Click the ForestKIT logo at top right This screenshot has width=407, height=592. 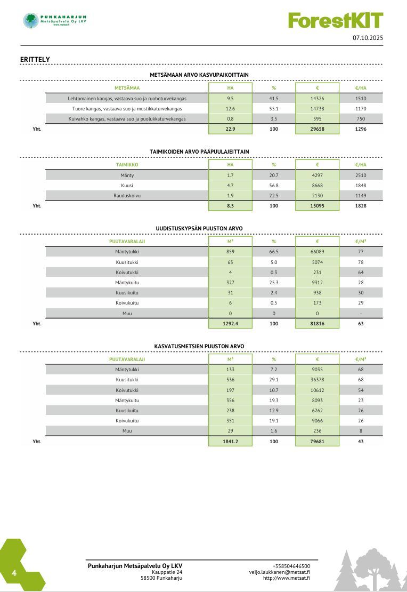coord(336,20)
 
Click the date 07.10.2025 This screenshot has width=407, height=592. coord(368,38)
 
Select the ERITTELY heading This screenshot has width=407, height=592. coord(35,59)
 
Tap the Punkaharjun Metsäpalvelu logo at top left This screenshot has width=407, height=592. coord(55,21)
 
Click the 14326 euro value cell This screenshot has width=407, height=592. coord(317,99)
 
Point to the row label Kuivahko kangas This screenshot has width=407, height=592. coord(127,118)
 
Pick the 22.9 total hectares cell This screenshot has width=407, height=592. coord(230,129)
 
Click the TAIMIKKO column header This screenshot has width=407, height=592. coord(127,165)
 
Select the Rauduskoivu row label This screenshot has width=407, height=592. coord(127,195)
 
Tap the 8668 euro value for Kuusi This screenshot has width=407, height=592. coord(317,186)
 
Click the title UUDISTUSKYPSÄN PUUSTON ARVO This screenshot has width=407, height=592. coord(199,228)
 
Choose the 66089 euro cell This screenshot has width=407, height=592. coord(317,251)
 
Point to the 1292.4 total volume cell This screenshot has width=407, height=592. coord(230,323)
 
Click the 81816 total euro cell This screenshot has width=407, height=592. coord(317,323)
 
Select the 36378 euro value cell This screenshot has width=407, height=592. coord(317,380)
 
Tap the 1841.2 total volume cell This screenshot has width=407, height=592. coord(230,441)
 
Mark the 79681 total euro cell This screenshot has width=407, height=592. coord(317,441)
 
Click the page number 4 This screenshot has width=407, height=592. coord(14,574)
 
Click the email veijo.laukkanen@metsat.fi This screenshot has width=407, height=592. coord(279,572)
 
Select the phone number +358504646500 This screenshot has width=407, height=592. coord(291,566)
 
